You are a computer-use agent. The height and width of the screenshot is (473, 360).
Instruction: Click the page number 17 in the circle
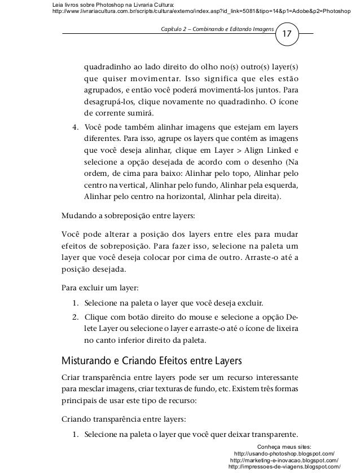287,34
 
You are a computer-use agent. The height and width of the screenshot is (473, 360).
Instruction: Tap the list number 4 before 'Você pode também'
75,126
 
